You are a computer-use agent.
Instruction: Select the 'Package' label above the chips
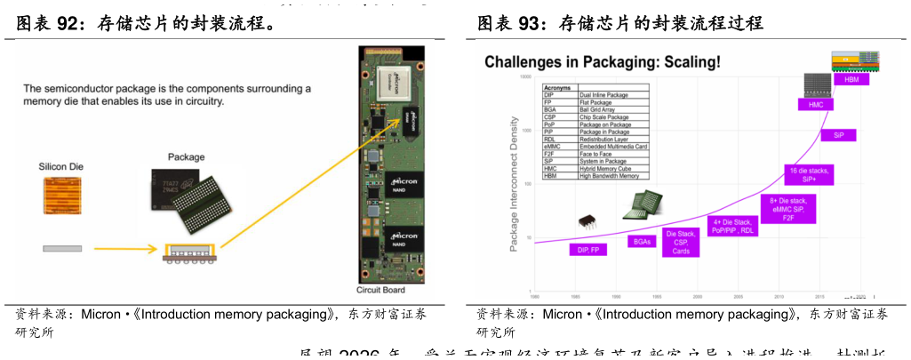(186, 157)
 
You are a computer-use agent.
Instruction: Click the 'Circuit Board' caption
(381, 291)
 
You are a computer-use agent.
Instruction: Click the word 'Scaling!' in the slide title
(686, 62)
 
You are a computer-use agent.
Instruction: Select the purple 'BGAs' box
(642, 241)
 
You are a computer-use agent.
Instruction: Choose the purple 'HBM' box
(851, 79)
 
